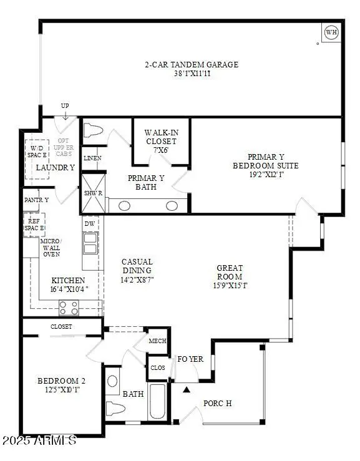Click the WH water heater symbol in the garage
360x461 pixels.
[331, 32]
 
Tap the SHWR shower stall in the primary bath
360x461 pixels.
[92, 194]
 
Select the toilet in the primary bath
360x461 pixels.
[94, 132]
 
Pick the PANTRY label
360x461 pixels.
[36, 200]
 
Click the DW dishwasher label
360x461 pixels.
[89, 223]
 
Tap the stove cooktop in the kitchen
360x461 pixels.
[69, 307]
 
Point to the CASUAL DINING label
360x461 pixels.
[137, 266]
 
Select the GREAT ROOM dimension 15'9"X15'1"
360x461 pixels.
[230, 286]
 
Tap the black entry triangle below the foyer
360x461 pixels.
[186, 391]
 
